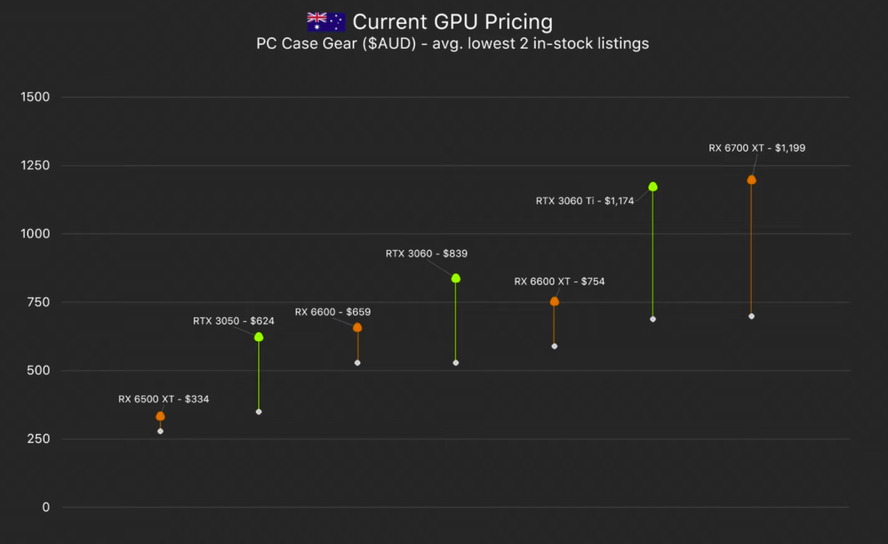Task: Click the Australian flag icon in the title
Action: click(x=326, y=22)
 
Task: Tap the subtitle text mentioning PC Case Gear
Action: click(x=452, y=44)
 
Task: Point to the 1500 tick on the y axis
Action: click(x=36, y=97)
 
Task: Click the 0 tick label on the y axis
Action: click(x=46, y=507)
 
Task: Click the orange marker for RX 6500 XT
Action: click(x=160, y=417)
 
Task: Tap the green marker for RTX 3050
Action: click(x=258, y=337)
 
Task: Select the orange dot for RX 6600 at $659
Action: click(x=357, y=327)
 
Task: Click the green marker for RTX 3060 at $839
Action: click(x=456, y=278)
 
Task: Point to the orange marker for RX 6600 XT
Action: click(x=554, y=301)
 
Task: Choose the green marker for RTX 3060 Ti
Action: click(x=653, y=186)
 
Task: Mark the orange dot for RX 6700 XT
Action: click(x=751, y=180)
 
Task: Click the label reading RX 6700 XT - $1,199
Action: click(x=756, y=147)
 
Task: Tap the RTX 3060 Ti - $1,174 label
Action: click(x=584, y=201)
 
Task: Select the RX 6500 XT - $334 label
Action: click(x=163, y=399)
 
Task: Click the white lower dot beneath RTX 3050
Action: click(x=258, y=412)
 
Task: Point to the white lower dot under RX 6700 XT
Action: click(x=751, y=316)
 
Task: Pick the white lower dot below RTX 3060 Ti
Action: click(x=653, y=319)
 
